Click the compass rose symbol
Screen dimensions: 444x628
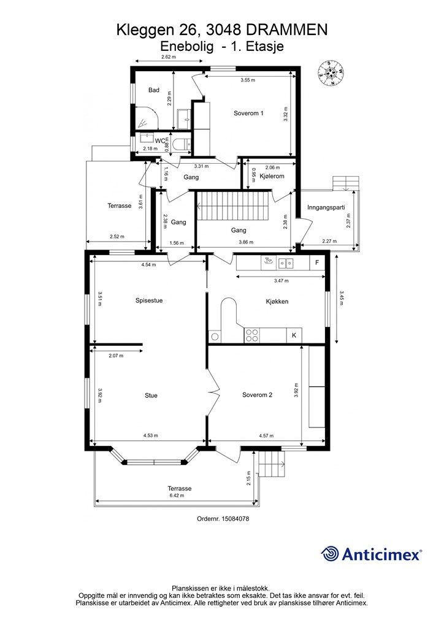332,73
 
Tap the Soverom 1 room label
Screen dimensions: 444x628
248,113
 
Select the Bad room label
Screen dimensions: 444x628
154,90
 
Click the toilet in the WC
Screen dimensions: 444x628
183,144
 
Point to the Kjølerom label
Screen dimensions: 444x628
272,176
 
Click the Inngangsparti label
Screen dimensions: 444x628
326,207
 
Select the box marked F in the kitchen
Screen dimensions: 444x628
317,262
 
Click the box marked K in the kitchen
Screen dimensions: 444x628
294,335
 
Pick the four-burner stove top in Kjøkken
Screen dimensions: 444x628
252,335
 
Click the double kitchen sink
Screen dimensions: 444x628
286,262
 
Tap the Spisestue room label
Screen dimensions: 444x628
149,301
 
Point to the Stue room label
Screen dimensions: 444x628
151,396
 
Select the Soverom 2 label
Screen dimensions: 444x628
257,395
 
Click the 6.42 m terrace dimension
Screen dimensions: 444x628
177,496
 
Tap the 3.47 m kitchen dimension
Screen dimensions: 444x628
281,281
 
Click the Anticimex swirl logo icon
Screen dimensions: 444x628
330,554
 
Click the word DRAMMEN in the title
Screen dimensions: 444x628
286,30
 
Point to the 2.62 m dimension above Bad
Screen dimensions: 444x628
169,57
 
